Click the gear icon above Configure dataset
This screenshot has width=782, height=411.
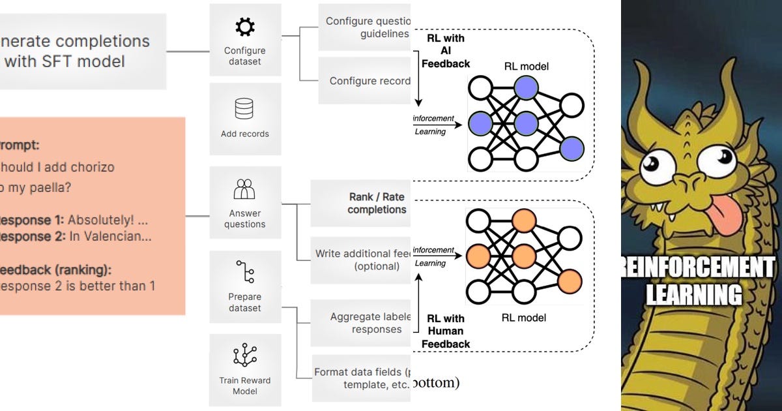point(245,27)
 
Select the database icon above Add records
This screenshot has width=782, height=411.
point(244,108)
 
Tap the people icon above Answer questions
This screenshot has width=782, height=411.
point(244,189)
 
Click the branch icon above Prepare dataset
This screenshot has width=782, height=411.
point(245,273)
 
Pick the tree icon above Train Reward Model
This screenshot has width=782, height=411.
point(244,356)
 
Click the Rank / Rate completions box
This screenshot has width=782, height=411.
point(365,203)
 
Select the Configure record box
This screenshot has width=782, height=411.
point(365,81)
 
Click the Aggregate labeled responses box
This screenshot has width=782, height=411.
point(365,323)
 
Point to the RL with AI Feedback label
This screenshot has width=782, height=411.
point(446,51)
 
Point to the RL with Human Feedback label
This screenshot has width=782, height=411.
point(446,331)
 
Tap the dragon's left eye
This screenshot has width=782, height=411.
point(656,164)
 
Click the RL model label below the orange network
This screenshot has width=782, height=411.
point(524,318)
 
